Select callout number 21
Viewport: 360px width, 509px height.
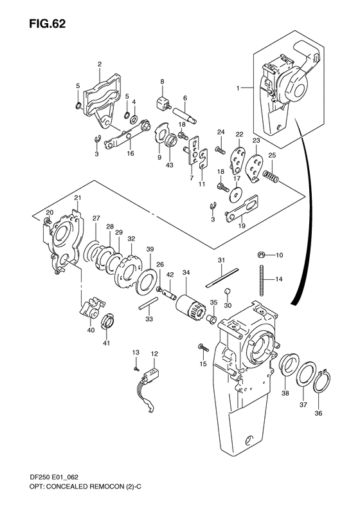(x=77, y=198)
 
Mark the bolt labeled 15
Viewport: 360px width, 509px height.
(x=203, y=349)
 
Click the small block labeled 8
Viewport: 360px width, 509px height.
(x=162, y=101)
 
